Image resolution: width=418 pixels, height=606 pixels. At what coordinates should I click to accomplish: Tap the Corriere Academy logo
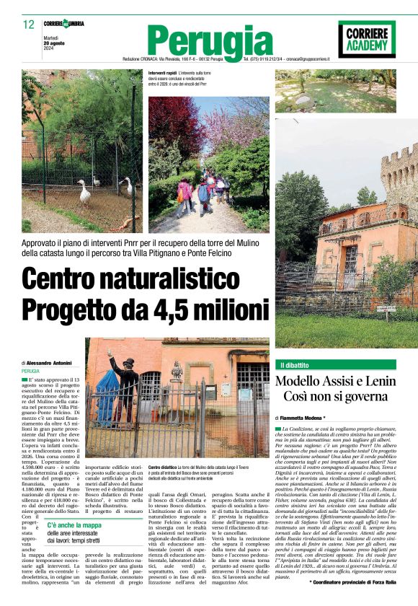click(366, 38)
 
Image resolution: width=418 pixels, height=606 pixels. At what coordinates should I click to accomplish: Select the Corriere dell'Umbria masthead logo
click(64, 24)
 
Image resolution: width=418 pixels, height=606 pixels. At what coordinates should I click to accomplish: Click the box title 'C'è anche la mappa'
click(74, 525)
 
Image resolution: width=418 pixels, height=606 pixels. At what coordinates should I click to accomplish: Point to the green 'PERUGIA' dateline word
click(31, 371)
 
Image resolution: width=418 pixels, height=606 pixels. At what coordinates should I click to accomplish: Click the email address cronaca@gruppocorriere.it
click(322, 58)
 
